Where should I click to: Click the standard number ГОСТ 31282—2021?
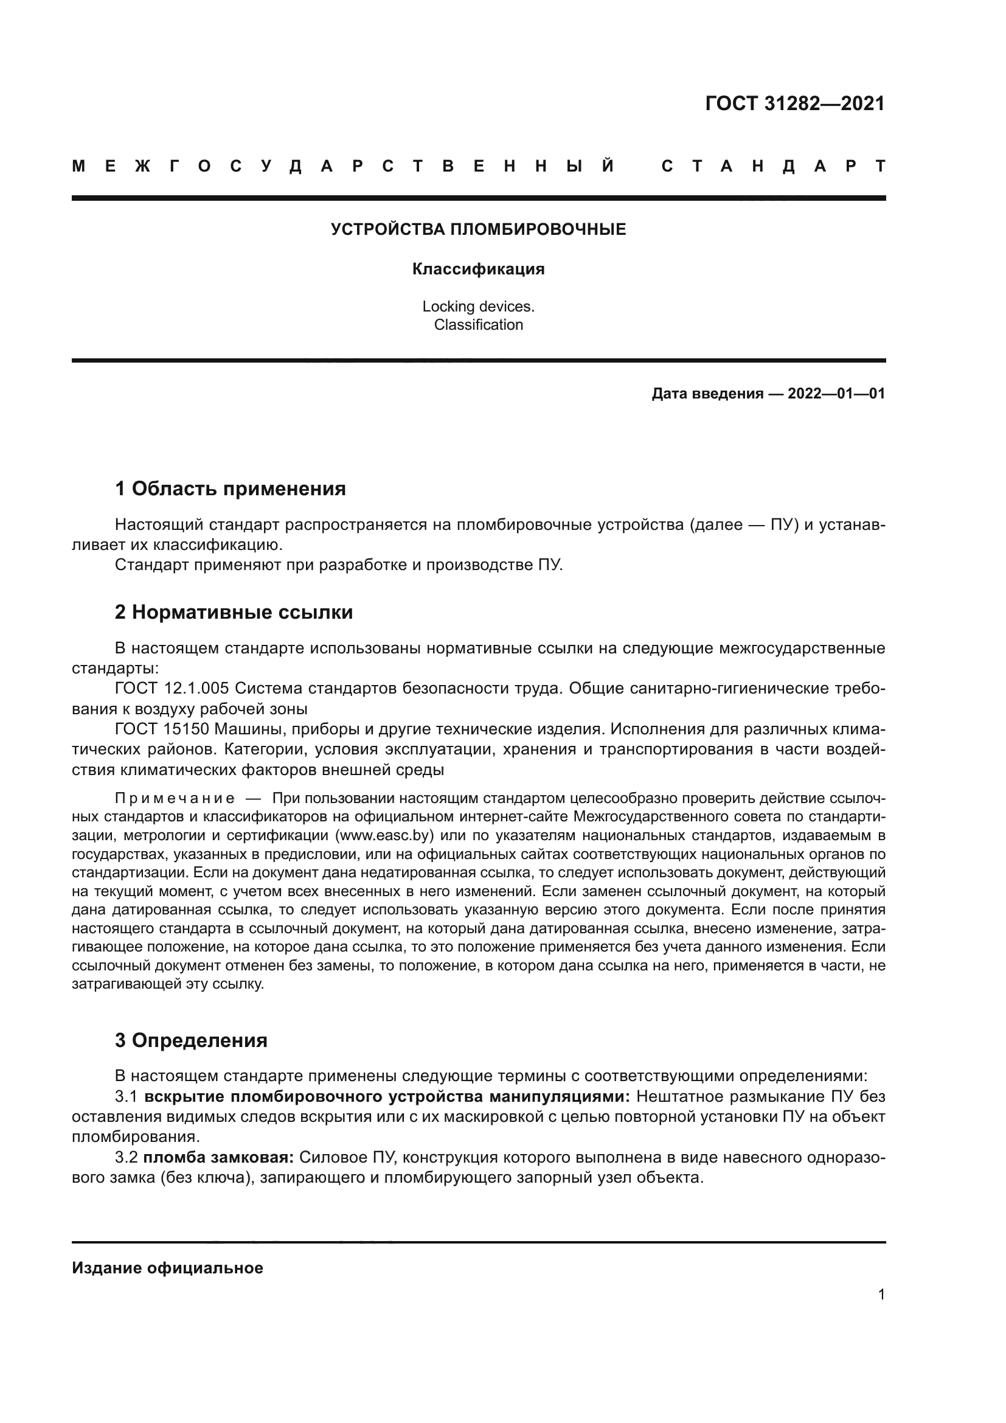tap(795, 103)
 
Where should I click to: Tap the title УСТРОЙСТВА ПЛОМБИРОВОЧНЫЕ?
tap(478, 229)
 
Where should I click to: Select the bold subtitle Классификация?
tap(478, 269)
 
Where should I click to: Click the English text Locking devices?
tap(478, 306)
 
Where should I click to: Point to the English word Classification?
tap(478, 325)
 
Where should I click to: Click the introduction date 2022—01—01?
tap(836, 394)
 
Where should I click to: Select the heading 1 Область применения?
tap(230, 489)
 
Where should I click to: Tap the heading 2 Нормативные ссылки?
tap(234, 613)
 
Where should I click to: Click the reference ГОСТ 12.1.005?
tap(172, 689)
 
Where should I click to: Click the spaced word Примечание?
tap(175, 798)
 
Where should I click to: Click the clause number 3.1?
tap(126, 1096)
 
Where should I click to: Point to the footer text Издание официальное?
tap(167, 1268)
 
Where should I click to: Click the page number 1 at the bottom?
tap(881, 1294)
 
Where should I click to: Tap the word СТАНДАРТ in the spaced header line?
tap(774, 166)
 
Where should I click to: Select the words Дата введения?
tap(707, 394)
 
